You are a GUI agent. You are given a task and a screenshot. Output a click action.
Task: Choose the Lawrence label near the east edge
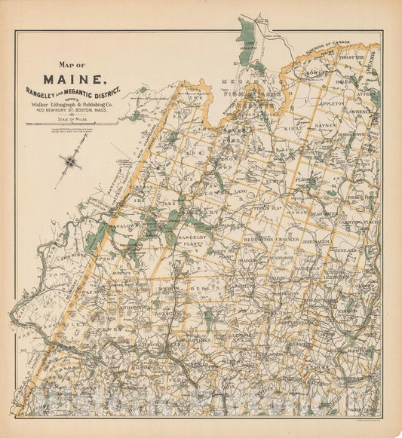click(x=356, y=111)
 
